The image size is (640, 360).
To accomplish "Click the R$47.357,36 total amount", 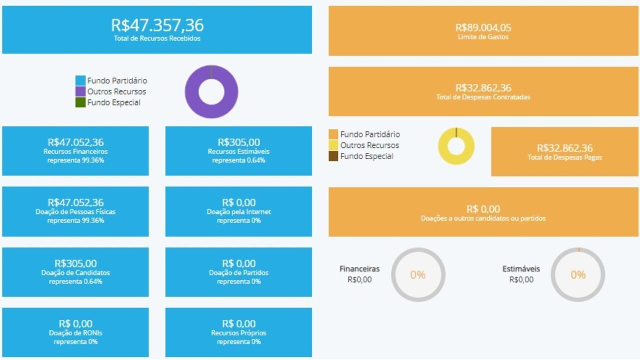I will pyautogui.click(x=157, y=25).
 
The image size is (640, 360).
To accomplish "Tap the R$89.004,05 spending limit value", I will pyautogui.click(x=483, y=27).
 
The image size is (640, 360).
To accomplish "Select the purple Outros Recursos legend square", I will pyautogui.click(x=80, y=91).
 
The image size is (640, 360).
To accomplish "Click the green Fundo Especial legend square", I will pyautogui.click(x=80, y=102).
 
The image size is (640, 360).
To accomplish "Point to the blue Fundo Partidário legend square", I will pyautogui.click(x=80, y=80).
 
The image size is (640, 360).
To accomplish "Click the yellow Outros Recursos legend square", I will pyautogui.click(x=333, y=145).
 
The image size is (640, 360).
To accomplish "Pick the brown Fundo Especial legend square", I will pyautogui.click(x=333, y=156).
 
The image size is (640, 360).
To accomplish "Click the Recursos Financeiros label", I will pyautogui.click(x=75, y=151).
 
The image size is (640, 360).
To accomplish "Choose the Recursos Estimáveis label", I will pyautogui.click(x=238, y=151).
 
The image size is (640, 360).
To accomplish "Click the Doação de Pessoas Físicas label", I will pyautogui.click(x=75, y=212).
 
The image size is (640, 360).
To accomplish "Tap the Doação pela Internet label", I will pyautogui.click(x=238, y=212).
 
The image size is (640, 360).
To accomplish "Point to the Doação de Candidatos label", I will pyautogui.click(x=75, y=273).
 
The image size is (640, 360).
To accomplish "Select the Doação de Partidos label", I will pyautogui.click(x=238, y=273).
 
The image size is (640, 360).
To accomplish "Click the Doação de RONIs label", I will pyautogui.click(x=75, y=333).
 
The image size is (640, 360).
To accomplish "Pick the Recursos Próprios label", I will pyautogui.click(x=238, y=333).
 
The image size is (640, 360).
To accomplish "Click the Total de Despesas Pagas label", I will pyautogui.click(x=564, y=157).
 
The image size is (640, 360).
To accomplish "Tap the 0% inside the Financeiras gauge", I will pyautogui.click(x=417, y=275).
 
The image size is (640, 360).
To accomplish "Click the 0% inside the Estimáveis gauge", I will pyautogui.click(x=578, y=275).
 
